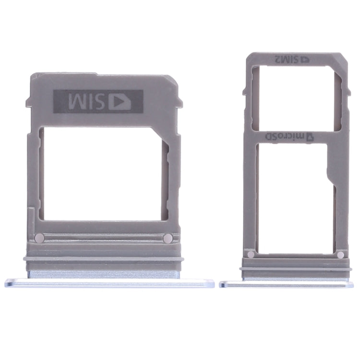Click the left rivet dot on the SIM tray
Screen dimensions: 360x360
(40, 238)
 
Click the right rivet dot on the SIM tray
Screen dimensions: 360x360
(168, 238)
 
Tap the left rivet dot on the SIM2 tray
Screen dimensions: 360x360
(250, 255)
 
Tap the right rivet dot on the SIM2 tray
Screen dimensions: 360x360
(340, 255)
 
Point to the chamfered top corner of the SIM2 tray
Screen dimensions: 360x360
(344, 59)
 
